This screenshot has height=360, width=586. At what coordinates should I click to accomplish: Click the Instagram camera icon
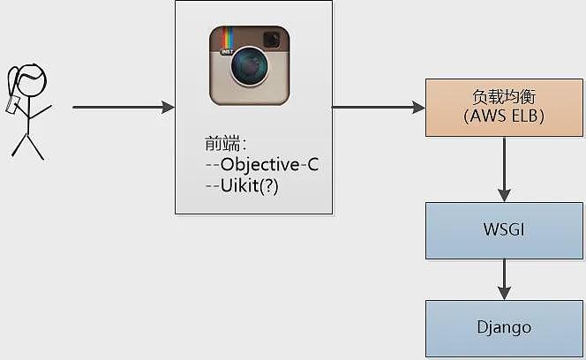tap(250, 65)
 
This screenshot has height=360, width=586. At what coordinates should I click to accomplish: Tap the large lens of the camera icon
tap(250, 66)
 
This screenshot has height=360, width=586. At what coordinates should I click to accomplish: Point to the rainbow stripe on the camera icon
tap(228, 39)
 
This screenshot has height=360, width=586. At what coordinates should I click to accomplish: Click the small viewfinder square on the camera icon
tap(272, 39)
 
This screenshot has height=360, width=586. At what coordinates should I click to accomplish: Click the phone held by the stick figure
tap(12, 104)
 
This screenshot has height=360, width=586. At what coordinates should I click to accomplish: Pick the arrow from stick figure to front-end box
tap(124, 108)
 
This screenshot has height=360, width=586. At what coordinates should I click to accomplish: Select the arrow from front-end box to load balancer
tap(379, 108)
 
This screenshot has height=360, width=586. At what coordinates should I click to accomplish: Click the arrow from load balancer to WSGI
tap(504, 169)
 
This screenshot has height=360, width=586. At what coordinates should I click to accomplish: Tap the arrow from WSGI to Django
tap(504, 279)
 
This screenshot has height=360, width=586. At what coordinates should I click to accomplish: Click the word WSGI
tap(504, 229)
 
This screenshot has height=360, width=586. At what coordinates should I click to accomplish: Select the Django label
tap(504, 328)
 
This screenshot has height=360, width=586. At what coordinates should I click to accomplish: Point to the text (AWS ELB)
tap(504, 116)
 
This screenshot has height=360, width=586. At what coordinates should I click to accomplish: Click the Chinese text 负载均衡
tap(504, 97)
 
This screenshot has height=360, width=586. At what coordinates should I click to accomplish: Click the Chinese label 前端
tap(222, 144)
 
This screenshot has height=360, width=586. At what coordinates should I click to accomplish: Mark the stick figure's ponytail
tap(14, 81)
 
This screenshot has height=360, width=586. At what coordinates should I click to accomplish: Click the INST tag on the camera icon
tap(227, 51)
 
